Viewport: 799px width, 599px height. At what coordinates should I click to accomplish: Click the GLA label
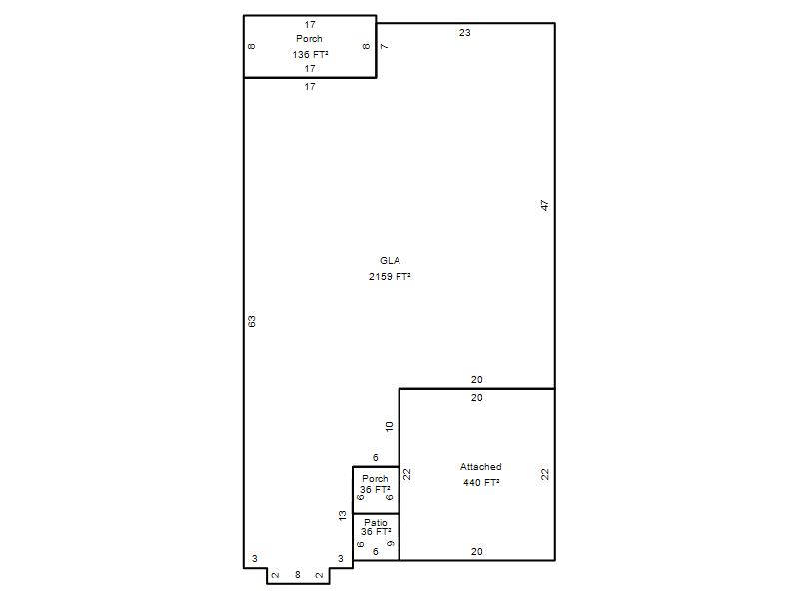[x=390, y=261]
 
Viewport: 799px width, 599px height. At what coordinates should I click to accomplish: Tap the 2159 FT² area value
[x=390, y=277]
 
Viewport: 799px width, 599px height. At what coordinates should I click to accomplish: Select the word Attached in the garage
[x=481, y=466]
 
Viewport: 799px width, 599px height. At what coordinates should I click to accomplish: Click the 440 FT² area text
[x=481, y=482]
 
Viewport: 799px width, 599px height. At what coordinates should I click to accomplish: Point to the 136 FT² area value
[x=310, y=54]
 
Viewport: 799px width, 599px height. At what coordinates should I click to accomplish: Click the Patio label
[x=376, y=522]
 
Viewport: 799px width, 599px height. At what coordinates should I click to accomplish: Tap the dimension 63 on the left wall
[x=252, y=321]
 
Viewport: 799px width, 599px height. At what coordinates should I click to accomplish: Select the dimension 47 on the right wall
[x=544, y=205]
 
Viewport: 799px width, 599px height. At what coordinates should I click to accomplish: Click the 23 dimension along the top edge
[x=465, y=33]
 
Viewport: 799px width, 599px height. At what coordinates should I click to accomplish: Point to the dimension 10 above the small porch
[x=390, y=426]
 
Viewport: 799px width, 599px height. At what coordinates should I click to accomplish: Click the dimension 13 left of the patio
[x=342, y=515]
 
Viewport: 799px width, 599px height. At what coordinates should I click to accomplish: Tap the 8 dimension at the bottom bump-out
[x=298, y=575]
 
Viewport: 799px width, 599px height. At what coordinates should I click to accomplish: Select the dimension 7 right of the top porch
[x=385, y=46]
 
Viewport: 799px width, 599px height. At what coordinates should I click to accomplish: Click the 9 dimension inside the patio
[x=390, y=543]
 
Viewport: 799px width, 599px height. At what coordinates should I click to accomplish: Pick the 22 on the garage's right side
[x=545, y=474]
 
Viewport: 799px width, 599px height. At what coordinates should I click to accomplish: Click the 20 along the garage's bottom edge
[x=477, y=552]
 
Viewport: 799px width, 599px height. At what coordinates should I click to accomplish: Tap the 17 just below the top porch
[x=310, y=87]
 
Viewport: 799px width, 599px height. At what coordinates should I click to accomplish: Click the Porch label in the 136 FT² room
[x=309, y=38]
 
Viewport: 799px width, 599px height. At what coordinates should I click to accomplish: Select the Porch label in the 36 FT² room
[x=376, y=479]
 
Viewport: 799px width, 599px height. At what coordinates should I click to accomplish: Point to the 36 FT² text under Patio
[x=376, y=532]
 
